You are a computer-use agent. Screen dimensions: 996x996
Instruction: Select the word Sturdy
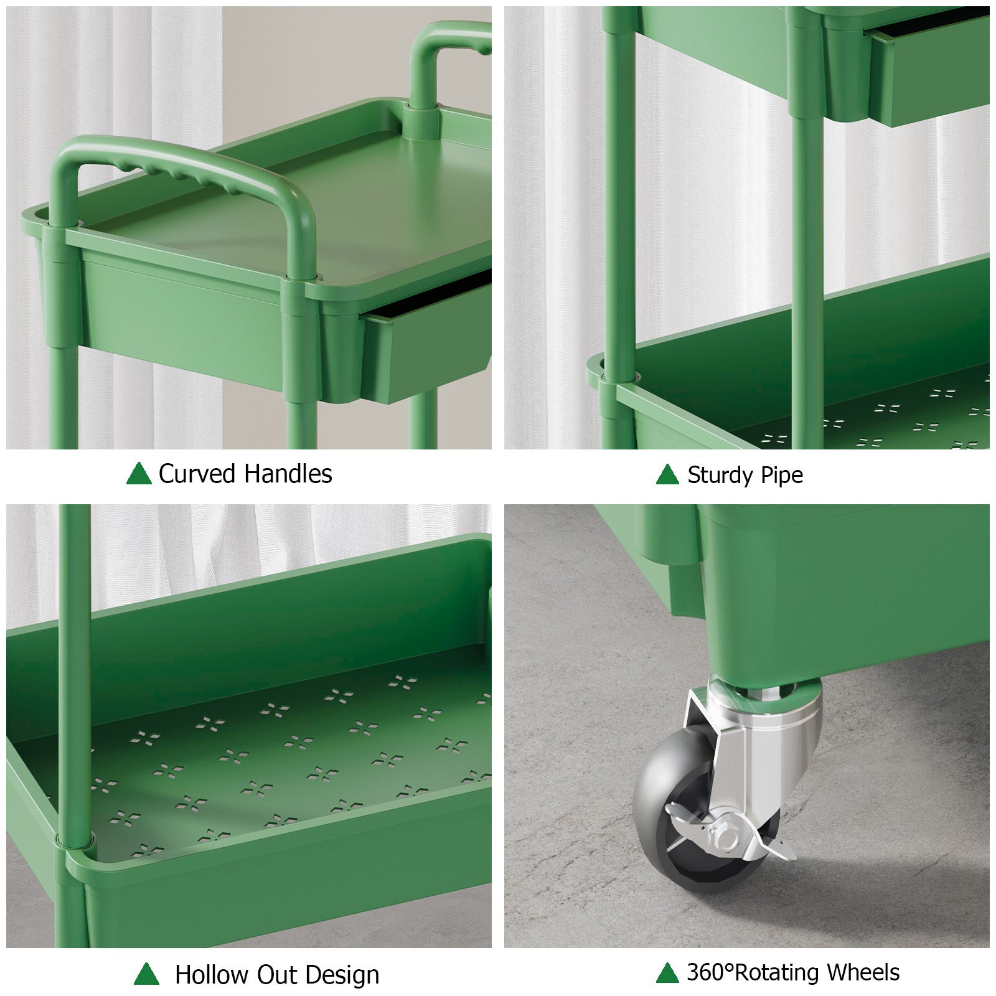point(720,476)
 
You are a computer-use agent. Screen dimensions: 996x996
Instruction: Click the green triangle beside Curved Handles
point(139,474)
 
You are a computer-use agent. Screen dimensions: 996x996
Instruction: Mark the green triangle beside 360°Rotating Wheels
point(667,972)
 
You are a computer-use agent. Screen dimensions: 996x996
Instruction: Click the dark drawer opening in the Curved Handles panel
point(430,296)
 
